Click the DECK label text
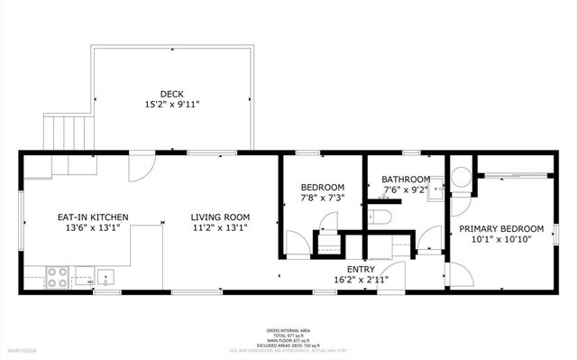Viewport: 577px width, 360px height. click(x=172, y=93)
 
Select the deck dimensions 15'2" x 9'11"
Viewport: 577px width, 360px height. click(x=172, y=105)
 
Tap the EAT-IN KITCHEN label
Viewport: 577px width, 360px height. click(x=93, y=217)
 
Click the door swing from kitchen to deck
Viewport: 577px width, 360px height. click(x=141, y=169)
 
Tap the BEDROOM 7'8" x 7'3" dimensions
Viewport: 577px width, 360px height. click(x=322, y=198)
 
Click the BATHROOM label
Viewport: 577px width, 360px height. click(x=406, y=180)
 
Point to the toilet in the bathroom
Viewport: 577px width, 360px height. click(x=380, y=217)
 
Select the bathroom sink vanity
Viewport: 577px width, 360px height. click(x=435, y=187)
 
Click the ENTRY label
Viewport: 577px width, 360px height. click(x=360, y=268)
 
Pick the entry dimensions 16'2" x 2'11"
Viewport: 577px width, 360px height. click(x=360, y=279)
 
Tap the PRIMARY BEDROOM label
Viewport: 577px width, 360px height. click(x=501, y=228)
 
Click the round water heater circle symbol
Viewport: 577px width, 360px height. click(x=462, y=177)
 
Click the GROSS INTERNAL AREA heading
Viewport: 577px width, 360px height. click(x=288, y=331)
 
